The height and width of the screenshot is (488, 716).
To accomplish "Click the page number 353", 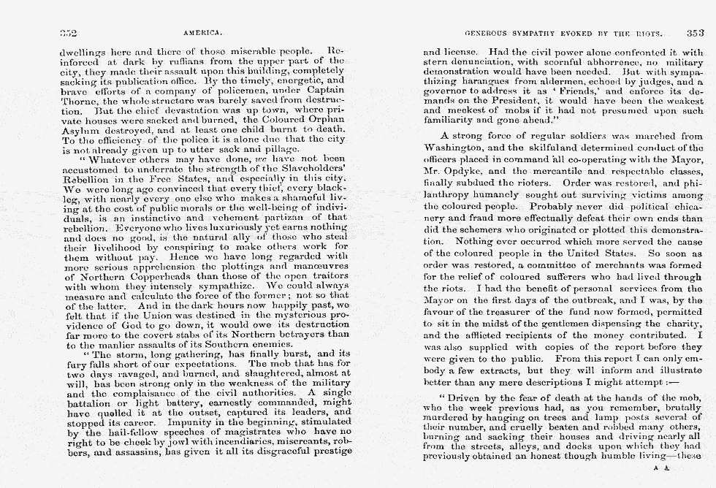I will [x=695, y=33].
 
